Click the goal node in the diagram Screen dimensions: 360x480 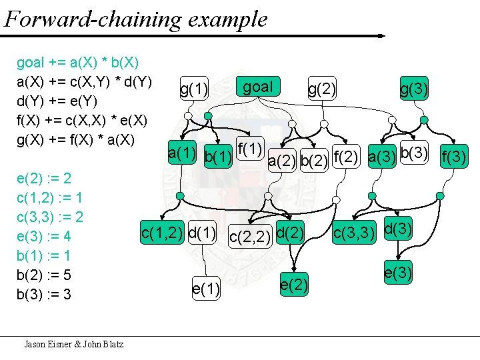click(258, 87)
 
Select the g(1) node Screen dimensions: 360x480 click(194, 89)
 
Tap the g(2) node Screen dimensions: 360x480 click(321, 89)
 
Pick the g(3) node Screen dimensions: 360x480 click(414, 89)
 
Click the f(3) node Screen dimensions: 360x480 click(455, 158)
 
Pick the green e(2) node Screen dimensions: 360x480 click(294, 285)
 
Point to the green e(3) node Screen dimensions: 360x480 click(397, 271)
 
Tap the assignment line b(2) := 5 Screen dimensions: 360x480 click(44, 275)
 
